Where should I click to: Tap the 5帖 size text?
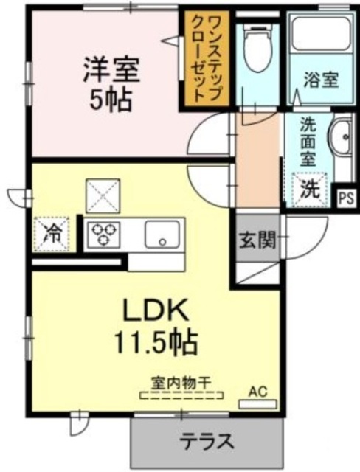pyautogui.click(x=109, y=100)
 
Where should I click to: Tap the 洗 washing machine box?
pyautogui.click(x=311, y=188)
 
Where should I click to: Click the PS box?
pyautogui.click(x=345, y=197)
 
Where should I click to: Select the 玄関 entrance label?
pyautogui.click(x=257, y=240)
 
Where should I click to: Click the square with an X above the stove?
pyautogui.click(x=102, y=196)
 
